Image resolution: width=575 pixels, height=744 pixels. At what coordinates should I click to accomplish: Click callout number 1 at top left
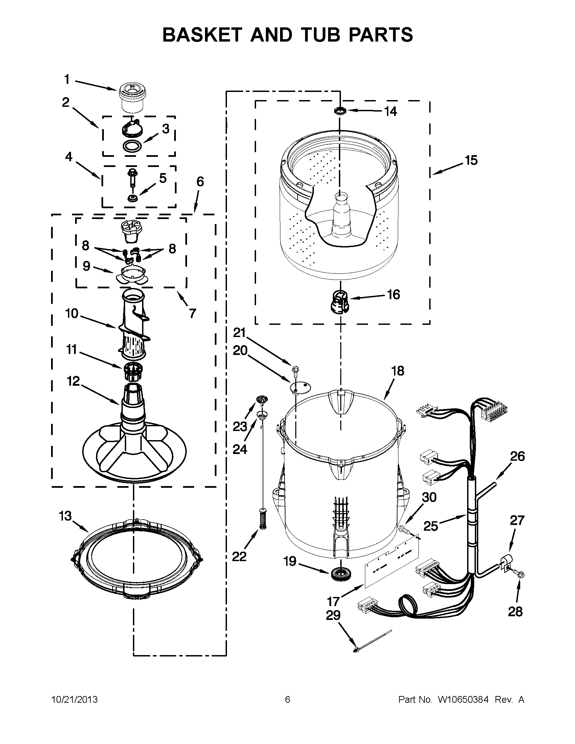click(x=67, y=80)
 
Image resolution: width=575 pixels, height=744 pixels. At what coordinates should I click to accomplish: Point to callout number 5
click(x=163, y=178)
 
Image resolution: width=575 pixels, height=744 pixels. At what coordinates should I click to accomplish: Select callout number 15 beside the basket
click(x=471, y=160)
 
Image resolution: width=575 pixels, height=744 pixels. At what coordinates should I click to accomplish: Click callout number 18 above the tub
click(x=397, y=370)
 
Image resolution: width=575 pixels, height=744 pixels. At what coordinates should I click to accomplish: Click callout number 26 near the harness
click(x=517, y=456)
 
